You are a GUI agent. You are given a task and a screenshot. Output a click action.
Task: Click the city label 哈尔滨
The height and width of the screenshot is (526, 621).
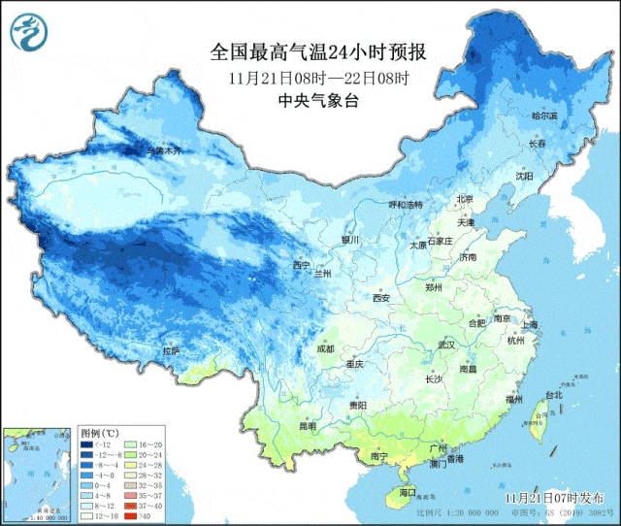(x=544, y=115)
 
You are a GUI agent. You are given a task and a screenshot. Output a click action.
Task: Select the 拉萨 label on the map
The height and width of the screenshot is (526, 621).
(x=171, y=350)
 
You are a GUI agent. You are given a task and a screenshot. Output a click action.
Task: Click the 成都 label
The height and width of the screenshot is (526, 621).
(x=325, y=348)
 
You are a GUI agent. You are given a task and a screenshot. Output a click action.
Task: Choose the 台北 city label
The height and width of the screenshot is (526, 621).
(x=553, y=396)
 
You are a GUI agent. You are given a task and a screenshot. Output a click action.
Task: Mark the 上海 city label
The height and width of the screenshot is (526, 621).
(x=529, y=324)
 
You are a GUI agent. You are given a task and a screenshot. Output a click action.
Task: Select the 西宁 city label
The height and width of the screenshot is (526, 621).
(x=301, y=265)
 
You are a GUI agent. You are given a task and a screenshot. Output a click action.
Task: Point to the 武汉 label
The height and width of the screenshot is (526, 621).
(x=446, y=345)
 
